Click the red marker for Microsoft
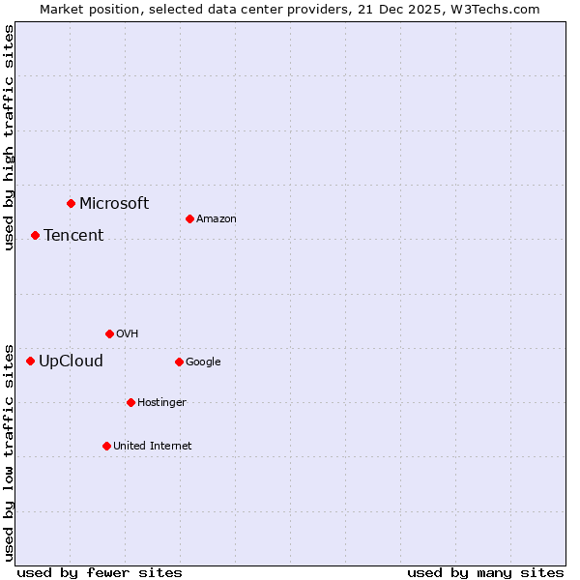[x=71, y=203]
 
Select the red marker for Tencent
[x=35, y=235]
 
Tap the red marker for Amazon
[x=189, y=218]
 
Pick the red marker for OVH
[x=109, y=333]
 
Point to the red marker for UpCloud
[x=30, y=361]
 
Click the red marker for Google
[x=179, y=362]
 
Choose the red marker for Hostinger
[x=130, y=402]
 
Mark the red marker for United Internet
[x=106, y=446]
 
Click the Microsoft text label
[x=114, y=203]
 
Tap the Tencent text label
[x=73, y=235]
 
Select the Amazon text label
[x=217, y=219]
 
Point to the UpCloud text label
[x=71, y=362]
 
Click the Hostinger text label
[x=161, y=402]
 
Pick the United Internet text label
[x=153, y=446]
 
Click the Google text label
[x=203, y=362]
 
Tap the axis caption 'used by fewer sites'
[x=100, y=572]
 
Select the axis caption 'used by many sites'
[x=485, y=572]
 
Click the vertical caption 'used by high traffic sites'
[x=9, y=137]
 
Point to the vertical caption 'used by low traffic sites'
[x=9, y=451]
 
